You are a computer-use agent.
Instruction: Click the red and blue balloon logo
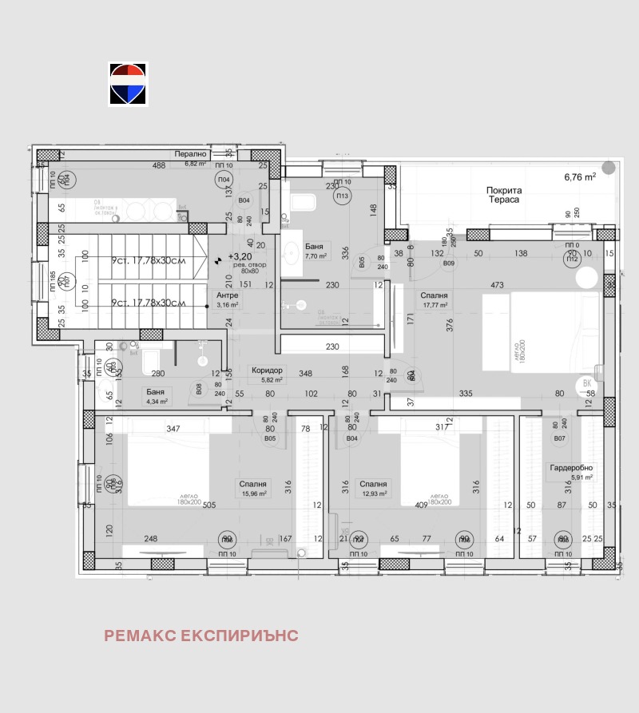click(x=128, y=84)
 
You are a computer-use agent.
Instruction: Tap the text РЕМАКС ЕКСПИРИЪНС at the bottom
click(x=200, y=636)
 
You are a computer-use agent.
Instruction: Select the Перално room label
click(x=191, y=154)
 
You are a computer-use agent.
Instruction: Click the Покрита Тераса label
click(x=503, y=195)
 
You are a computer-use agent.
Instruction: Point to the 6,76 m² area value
click(x=580, y=177)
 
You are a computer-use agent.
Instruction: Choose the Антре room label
click(x=227, y=295)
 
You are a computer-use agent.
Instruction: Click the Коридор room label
click(x=267, y=370)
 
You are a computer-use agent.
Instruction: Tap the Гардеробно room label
click(x=571, y=468)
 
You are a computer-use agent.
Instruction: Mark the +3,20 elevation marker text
click(x=239, y=257)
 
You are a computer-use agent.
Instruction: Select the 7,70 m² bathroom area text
click(x=316, y=256)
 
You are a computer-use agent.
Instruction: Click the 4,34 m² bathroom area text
click(x=157, y=401)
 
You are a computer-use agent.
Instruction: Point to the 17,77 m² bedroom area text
click(x=434, y=304)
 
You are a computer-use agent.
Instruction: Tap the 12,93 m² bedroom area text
click(x=373, y=493)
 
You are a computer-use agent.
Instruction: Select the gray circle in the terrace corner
click(x=609, y=168)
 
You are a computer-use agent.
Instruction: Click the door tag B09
click(x=449, y=263)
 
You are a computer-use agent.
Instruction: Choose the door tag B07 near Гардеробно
click(x=559, y=438)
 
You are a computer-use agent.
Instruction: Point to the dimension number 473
click(x=497, y=285)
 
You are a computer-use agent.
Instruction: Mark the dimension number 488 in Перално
click(x=160, y=165)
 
